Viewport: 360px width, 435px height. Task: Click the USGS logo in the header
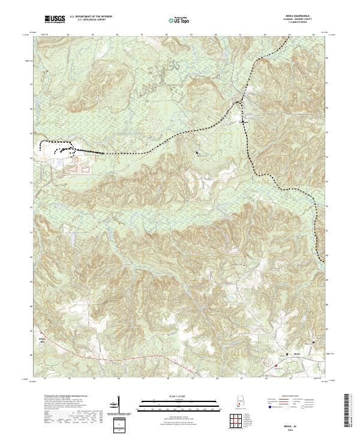coord(55,20)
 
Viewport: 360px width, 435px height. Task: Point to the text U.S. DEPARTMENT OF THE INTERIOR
coord(90,17)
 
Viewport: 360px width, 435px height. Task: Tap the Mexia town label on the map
coord(297,354)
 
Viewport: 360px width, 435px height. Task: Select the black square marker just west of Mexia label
coord(286,354)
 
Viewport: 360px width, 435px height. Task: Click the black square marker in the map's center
coord(197,153)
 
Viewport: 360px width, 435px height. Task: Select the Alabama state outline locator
coord(239,402)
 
